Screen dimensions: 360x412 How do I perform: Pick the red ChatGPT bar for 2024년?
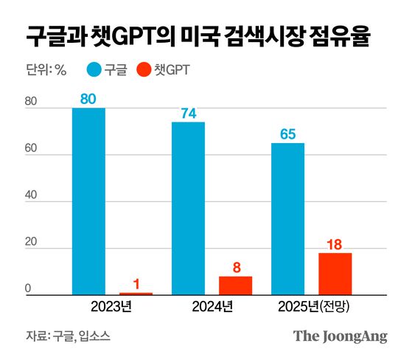[235, 285]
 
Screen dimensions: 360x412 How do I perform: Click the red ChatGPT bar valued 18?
[335, 274]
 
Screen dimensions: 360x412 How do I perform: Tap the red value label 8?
[236, 266]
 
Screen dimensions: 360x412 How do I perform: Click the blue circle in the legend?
[95, 71]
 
